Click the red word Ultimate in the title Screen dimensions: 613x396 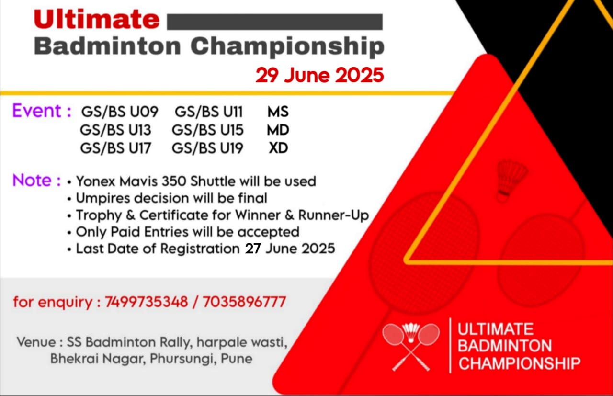tap(97, 19)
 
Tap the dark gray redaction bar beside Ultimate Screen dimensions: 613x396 tap(275, 22)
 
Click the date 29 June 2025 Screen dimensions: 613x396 tap(319, 75)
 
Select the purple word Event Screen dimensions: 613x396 tap(37, 111)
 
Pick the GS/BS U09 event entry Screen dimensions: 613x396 tap(120, 112)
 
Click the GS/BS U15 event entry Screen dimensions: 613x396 tap(207, 130)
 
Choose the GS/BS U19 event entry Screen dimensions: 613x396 tap(207, 148)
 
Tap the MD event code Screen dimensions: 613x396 tap(278, 130)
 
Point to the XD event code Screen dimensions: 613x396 tap(278, 148)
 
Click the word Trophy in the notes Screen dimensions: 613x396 tap(99, 215)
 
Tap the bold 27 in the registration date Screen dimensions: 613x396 tap(252, 249)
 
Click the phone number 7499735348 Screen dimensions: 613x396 tap(147, 302)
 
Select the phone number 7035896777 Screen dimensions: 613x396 tap(244, 302)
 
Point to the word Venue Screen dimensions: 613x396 tap(36, 342)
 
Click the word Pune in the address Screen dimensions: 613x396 tap(237, 359)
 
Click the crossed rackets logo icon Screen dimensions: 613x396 tap(411, 347)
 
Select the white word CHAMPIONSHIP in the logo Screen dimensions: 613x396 tap(519, 363)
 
